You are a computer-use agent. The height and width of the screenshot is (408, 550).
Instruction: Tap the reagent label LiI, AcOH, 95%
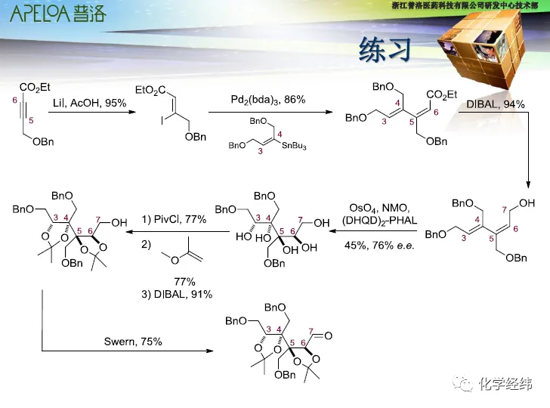89,103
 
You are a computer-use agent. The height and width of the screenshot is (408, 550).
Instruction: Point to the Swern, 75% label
133,342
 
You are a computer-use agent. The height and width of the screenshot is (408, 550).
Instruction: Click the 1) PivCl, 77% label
174,219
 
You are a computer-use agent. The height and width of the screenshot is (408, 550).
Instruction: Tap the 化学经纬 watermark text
505,384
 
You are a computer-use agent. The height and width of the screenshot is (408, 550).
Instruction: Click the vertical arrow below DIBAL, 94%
528,147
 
